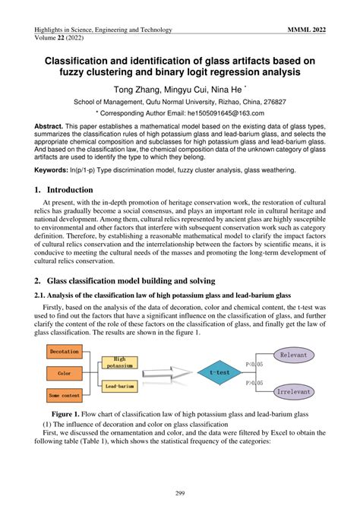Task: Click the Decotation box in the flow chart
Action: click(x=64, y=352)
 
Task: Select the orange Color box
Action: click(x=64, y=373)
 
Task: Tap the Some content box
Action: click(x=64, y=395)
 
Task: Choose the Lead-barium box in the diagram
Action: click(x=119, y=386)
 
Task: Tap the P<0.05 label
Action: click(x=253, y=364)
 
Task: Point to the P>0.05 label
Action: click(x=253, y=384)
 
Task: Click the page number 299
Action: click(x=180, y=493)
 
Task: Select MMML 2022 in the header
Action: click(x=309, y=30)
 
